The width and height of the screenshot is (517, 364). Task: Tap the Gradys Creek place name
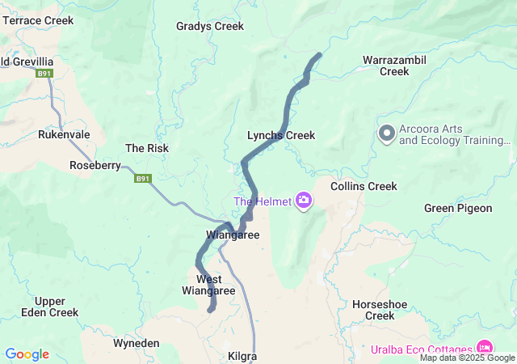(210, 26)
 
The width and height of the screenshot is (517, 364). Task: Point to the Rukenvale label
(64, 134)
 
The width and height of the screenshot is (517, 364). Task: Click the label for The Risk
(147, 148)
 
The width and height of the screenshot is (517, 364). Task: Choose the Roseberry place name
(95, 165)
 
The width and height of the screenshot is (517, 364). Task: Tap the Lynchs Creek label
(281, 135)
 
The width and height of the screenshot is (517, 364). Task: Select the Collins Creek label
(364, 186)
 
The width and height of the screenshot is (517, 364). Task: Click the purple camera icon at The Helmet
(304, 200)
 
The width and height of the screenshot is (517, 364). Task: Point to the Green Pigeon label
(458, 208)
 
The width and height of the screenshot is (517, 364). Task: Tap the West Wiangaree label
(209, 285)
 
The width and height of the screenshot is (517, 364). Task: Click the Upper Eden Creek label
(52, 307)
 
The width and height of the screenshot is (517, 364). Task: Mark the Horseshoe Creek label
(374, 310)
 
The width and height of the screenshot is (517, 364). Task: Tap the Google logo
(27, 354)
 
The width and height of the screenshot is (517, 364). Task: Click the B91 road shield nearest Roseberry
(143, 179)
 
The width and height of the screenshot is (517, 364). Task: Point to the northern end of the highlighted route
(319, 54)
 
